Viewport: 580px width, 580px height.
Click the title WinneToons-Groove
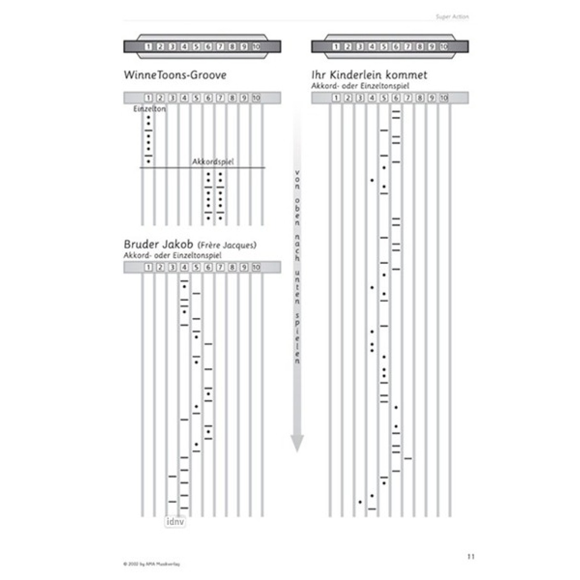point(175,75)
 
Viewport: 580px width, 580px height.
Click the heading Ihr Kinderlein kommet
point(369,75)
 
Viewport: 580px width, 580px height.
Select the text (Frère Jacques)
point(227,245)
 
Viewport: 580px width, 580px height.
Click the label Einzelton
point(149,109)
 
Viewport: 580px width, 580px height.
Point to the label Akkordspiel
point(213,161)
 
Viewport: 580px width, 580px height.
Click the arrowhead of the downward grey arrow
point(297,442)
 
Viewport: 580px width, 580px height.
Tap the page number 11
point(471,556)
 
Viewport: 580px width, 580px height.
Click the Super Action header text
point(452,17)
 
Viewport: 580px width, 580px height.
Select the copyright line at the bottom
point(151,564)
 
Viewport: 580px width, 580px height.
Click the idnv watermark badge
point(175,522)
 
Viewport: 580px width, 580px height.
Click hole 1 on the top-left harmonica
point(148,47)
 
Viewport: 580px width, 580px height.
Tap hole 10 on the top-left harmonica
point(256,47)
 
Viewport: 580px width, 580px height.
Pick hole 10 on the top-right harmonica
point(444,47)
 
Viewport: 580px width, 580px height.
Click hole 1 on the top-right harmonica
point(336,47)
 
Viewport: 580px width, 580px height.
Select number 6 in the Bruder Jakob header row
point(208,267)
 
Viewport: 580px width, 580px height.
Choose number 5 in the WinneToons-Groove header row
point(196,98)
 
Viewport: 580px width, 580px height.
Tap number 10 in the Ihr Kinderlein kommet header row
point(444,98)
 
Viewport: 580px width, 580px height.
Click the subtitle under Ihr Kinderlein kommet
point(361,86)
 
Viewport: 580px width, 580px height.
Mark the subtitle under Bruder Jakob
point(173,255)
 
